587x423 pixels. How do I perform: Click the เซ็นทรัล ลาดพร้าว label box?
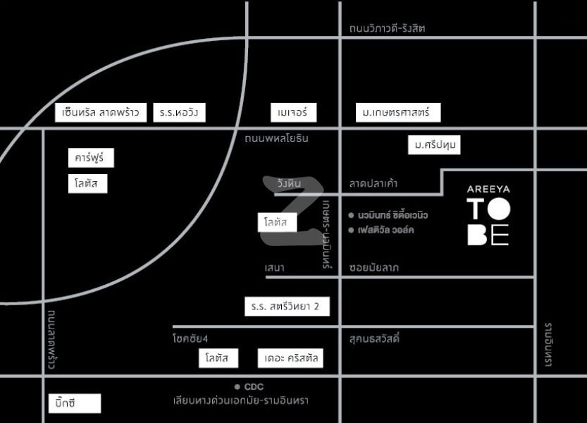point(101,112)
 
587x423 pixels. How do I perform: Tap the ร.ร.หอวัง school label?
point(179,112)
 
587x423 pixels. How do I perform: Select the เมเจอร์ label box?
point(293,112)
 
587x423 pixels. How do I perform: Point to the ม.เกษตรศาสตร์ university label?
point(398,112)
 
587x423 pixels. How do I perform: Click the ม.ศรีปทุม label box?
point(434,145)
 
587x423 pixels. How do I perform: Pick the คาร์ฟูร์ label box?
point(91,158)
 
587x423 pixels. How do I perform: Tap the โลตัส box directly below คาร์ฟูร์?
point(87,183)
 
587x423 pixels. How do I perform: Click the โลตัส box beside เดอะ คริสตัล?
point(218,358)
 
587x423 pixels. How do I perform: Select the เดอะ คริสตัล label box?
point(290,358)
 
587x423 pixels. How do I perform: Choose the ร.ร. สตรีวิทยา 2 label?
point(287,307)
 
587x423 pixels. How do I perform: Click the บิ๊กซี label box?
point(75,403)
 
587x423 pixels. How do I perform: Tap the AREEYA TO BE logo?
point(488,216)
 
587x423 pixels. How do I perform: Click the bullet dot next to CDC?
point(237,386)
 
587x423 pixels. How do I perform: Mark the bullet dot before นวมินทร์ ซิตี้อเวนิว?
point(351,215)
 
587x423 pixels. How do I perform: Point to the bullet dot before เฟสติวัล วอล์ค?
point(351,230)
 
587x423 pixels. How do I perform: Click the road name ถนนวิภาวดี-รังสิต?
point(387,28)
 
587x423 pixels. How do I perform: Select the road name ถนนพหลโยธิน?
point(277,138)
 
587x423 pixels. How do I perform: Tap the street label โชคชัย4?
point(190,338)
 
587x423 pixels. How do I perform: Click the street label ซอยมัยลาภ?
point(374,267)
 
